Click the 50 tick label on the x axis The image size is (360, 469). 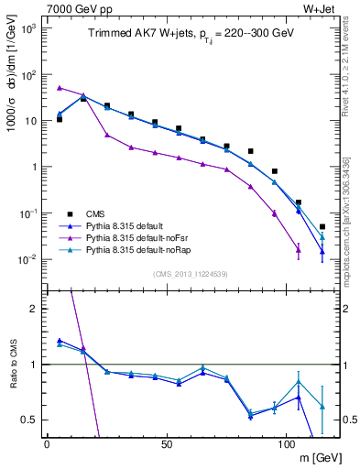tap(166, 444)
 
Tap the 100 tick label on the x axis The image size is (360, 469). tap(286, 444)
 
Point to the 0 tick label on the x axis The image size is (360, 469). tap(47, 444)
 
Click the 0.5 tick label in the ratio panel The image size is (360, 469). tap(28, 420)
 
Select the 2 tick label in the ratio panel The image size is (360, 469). tap(33, 309)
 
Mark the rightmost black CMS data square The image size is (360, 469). tap(322, 226)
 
